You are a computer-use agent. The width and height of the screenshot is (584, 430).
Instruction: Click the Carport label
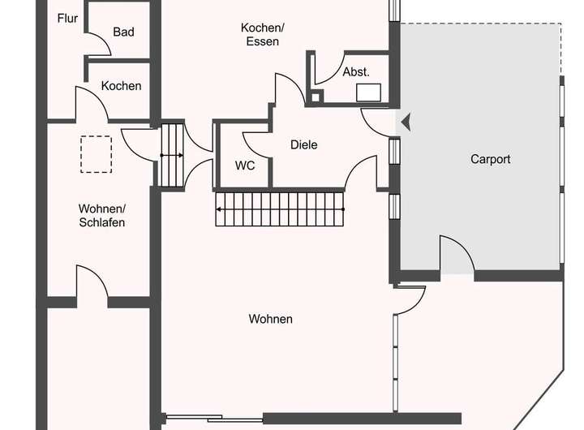click(490, 159)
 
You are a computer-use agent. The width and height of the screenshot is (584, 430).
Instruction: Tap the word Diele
click(303, 145)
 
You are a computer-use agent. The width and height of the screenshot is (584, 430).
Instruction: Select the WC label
click(245, 165)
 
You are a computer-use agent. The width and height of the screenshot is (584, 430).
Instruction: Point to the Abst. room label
click(356, 71)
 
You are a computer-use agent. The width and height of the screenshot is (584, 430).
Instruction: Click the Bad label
click(123, 32)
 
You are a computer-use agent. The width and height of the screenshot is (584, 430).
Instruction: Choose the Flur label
click(67, 18)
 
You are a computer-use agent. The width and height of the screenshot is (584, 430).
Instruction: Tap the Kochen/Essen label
click(260, 34)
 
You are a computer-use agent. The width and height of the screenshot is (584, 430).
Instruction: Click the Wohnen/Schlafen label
click(101, 215)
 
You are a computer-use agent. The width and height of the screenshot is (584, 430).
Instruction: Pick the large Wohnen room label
click(270, 319)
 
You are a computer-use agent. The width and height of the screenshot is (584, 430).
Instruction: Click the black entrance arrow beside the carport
click(406, 122)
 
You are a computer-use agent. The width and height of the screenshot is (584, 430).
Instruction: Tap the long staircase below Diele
click(281, 209)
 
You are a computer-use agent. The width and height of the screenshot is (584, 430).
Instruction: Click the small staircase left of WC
click(172, 155)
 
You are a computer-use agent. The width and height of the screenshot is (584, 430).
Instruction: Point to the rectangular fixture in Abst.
click(372, 92)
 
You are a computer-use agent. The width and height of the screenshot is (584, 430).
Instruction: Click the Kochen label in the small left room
click(121, 85)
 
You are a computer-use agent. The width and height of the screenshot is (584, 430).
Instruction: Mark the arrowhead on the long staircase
click(219, 209)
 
